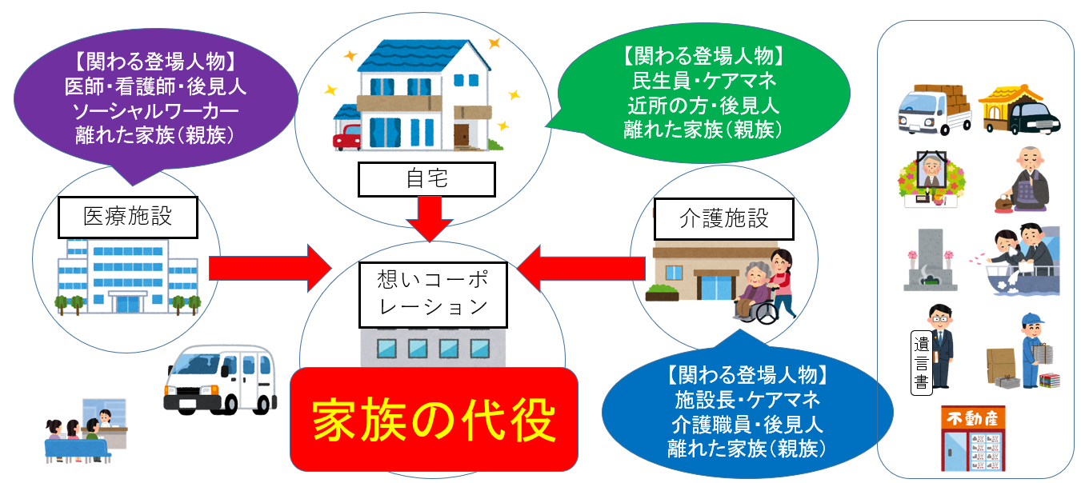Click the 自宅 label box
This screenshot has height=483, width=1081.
[x=426, y=179]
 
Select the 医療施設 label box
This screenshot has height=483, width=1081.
[x=128, y=217]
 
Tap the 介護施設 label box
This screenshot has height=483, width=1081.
[x=723, y=218]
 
